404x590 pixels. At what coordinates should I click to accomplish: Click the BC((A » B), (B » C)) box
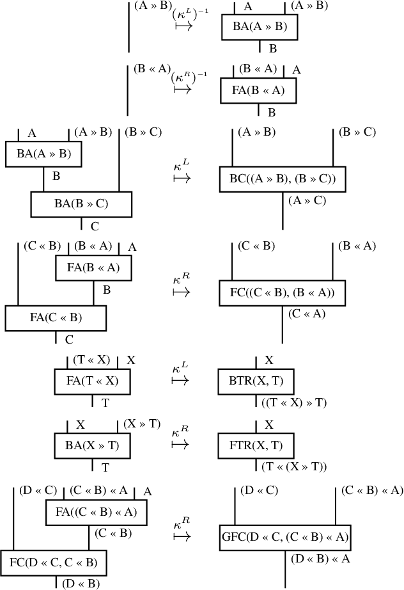[x=283, y=178]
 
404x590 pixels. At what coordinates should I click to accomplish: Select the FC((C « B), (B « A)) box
[x=283, y=292]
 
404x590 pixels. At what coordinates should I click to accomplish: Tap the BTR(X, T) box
[x=256, y=382]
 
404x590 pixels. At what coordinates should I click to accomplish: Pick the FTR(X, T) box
[x=256, y=445]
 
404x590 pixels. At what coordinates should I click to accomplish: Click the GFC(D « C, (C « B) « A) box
[x=284, y=537]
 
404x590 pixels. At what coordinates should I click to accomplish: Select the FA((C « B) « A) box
[x=96, y=512]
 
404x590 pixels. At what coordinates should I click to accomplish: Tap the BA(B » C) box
[x=81, y=204]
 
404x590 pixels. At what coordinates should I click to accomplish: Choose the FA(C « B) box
[x=56, y=318]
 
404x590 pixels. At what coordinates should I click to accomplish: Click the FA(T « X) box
[x=93, y=382]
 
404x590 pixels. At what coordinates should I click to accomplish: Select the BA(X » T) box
[x=93, y=445]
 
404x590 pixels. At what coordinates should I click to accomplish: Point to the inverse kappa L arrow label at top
[x=189, y=19]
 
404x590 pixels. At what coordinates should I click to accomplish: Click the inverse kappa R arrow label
[x=189, y=83]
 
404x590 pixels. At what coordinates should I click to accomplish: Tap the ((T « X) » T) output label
[x=294, y=403]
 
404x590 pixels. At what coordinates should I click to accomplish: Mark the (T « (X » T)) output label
[x=294, y=466]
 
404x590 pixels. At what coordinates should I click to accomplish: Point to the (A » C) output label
[x=307, y=200]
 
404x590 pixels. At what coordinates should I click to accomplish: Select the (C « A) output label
[x=307, y=314]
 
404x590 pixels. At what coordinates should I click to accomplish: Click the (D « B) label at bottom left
[x=81, y=583]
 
